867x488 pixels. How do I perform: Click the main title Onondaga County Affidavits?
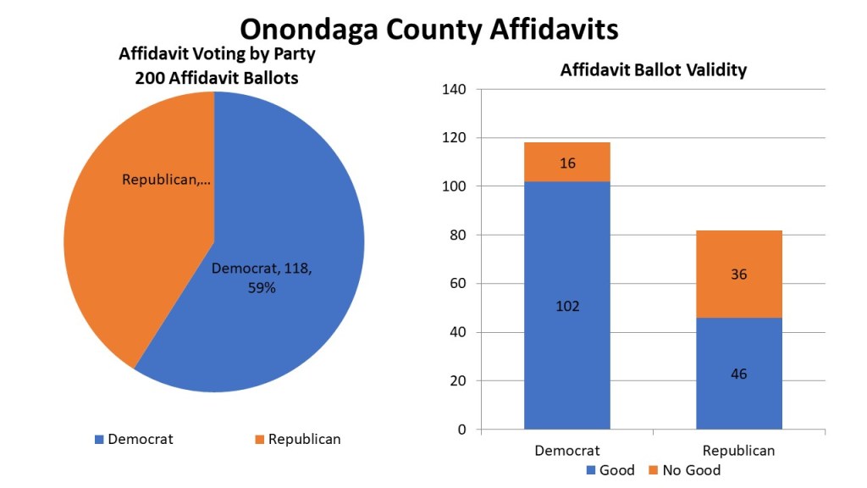[x=428, y=29]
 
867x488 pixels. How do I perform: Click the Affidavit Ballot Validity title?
[x=653, y=69]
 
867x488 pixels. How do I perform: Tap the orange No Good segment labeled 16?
[x=567, y=163]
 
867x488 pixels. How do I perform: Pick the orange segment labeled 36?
[x=738, y=274]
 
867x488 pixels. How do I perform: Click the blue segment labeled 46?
[x=738, y=373]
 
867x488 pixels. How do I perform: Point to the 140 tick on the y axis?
[x=455, y=89]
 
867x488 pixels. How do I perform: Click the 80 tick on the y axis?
[x=458, y=235]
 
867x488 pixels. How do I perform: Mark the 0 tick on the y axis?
[x=462, y=430]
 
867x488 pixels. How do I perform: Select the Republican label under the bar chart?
[x=738, y=451]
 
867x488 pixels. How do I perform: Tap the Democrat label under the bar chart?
[x=567, y=451]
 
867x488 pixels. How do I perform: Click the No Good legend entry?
[x=684, y=470]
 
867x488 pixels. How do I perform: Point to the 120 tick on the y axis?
[x=455, y=137]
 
